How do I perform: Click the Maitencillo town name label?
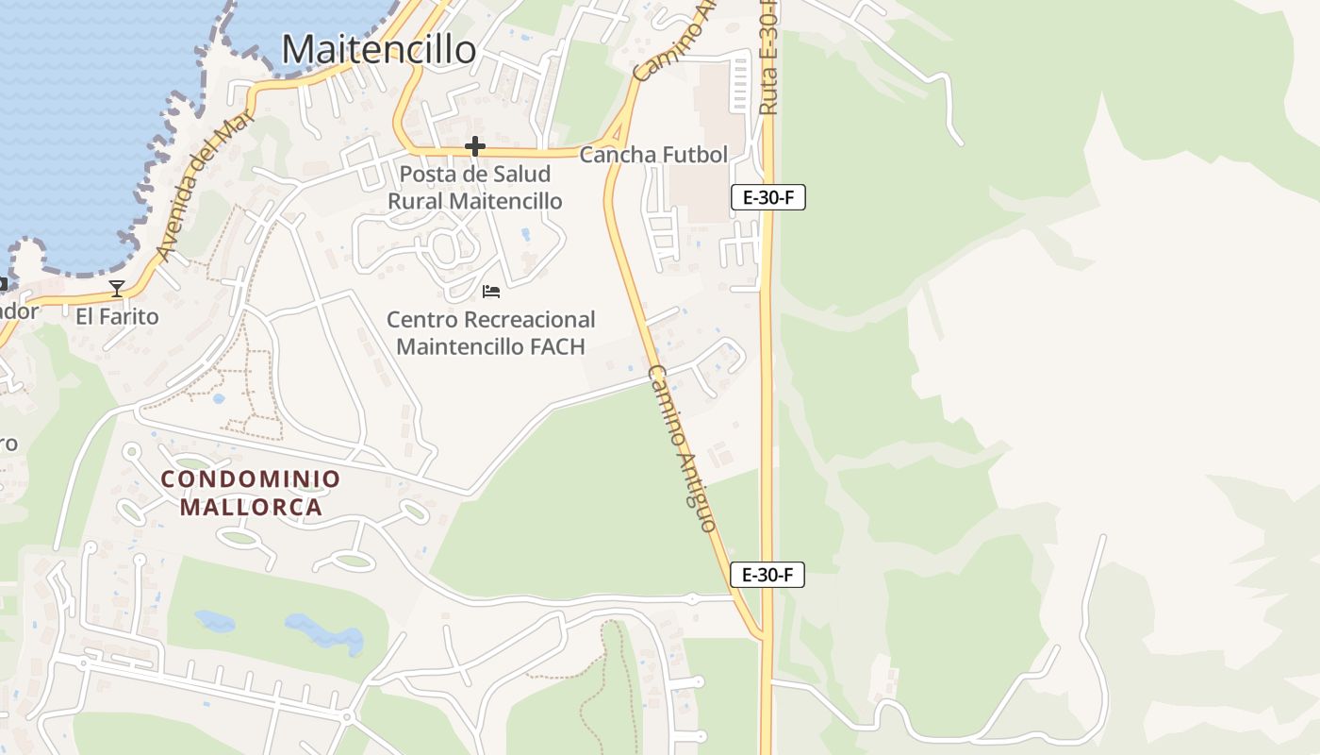[x=379, y=49]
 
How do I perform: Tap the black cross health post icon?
[x=475, y=146]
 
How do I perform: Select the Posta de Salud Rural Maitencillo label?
[x=475, y=188]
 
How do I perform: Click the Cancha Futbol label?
[x=653, y=155]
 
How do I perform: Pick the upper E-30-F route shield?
[x=768, y=197]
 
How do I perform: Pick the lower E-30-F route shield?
[x=767, y=574]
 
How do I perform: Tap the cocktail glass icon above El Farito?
[x=117, y=288]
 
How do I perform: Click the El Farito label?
[x=117, y=316]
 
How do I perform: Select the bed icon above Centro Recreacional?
[x=491, y=291]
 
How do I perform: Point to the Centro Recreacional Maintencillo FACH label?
[x=490, y=333]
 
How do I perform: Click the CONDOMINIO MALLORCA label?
[x=251, y=493]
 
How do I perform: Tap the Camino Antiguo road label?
[x=683, y=448]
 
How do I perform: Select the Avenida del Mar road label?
[x=196, y=189]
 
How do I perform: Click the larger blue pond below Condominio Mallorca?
[x=325, y=632]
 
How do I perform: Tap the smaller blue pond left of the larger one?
[x=215, y=621]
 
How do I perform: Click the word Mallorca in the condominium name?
[x=251, y=507]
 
